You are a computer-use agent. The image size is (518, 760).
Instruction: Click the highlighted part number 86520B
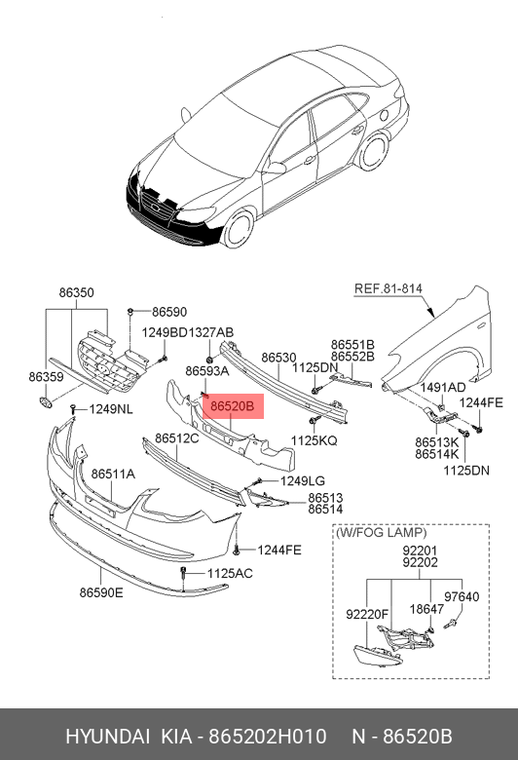click(x=232, y=406)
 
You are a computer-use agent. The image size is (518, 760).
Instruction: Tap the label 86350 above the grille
click(x=77, y=292)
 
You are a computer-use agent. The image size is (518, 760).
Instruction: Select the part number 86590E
click(x=101, y=592)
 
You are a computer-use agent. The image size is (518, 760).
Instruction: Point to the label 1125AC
click(x=230, y=573)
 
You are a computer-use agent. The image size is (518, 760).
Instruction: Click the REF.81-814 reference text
click(x=388, y=288)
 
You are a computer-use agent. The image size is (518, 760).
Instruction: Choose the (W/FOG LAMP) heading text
click(x=382, y=533)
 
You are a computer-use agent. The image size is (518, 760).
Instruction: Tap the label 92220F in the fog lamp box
click(x=367, y=614)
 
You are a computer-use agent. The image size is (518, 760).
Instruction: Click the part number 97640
click(x=462, y=596)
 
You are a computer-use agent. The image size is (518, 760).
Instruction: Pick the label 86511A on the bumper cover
click(x=113, y=474)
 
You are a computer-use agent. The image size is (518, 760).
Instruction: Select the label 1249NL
click(x=111, y=409)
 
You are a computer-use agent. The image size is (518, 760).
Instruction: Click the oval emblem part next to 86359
click(x=45, y=401)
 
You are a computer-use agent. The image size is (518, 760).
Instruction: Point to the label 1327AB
click(x=210, y=332)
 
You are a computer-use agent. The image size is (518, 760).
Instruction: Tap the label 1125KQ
click(x=314, y=440)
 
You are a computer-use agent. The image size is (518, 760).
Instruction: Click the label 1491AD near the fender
click(x=443, y=387)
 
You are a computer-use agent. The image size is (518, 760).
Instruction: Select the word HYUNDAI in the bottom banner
click(x=107, y=737)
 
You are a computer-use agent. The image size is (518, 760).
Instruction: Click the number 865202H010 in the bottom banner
click(x=268, y=737)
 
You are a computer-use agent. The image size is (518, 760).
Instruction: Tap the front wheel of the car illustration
click(x=240, y=229)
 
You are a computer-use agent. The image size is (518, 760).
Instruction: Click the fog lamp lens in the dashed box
click(x=378, y=657)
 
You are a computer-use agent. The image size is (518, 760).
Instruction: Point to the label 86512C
click(x=177, y=438)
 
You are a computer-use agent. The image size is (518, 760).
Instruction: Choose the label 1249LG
click(x=303, y=480)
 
